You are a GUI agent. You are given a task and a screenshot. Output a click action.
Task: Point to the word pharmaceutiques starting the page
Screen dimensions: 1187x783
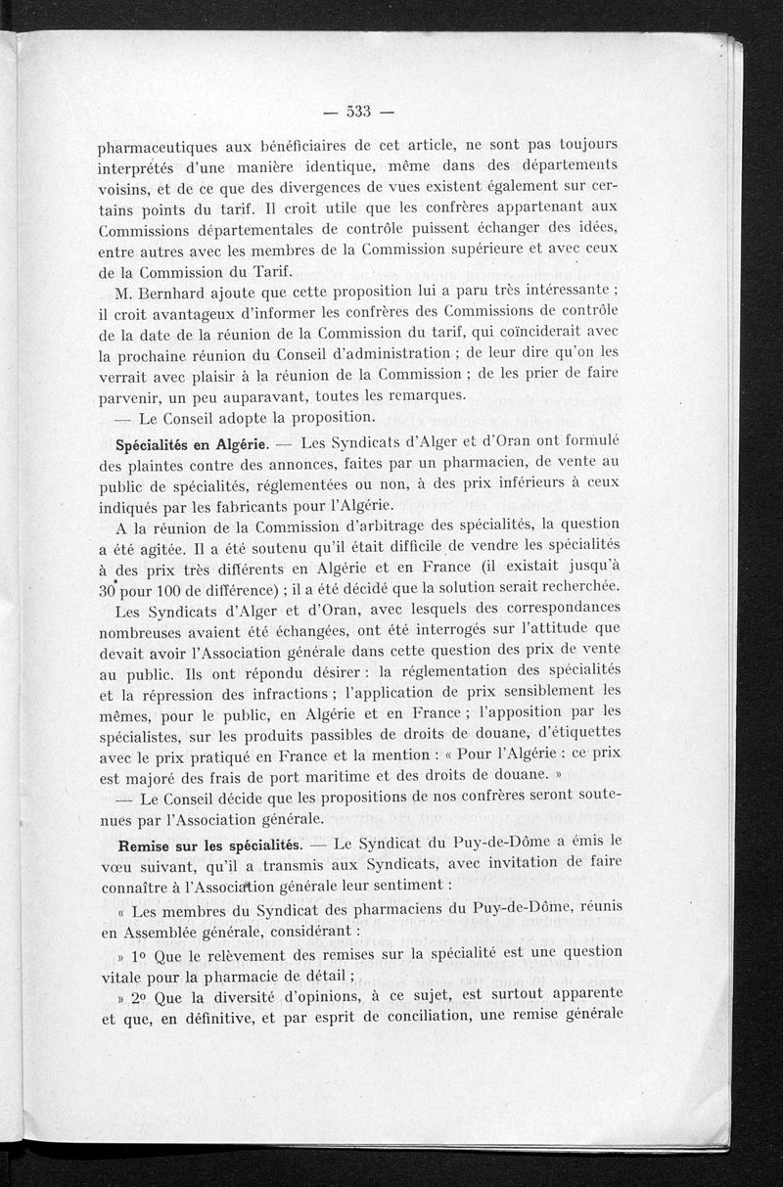pos(160,148)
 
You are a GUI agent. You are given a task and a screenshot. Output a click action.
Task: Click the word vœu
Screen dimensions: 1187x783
pos(115,866)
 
